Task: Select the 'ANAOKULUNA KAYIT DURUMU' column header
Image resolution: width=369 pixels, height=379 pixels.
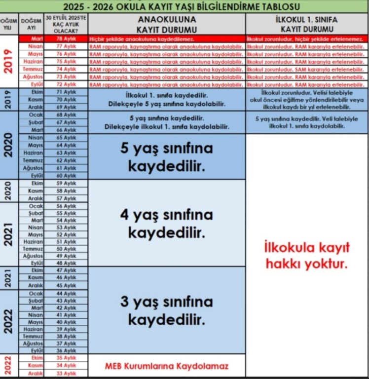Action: pyautogui.click(x=167, y=24)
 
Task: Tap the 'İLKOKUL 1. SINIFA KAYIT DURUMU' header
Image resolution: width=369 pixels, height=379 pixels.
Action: pyautogui.click(x=306, y=24)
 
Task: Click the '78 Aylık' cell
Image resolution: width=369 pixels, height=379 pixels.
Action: pyautogui.click(x=66, y=38)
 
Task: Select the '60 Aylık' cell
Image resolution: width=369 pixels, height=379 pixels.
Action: pyautogui.click(x=66, y=176)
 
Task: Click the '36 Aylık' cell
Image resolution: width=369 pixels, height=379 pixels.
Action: pyautogui.click(x=66, y=350)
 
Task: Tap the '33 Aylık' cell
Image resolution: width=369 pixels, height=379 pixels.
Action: pyautogui.click(x=66, y=374)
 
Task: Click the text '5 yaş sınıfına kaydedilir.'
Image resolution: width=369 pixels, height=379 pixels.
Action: pyautogui.click(x=167, y=157)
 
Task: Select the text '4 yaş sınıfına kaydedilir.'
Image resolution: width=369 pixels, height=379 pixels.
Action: pyautogui.click(x=167, y=223)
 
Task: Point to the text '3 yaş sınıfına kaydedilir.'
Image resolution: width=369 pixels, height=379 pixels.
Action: pyautogui.click(x=167, y=310)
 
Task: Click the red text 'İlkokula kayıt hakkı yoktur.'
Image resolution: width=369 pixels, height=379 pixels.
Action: pyautogui.click(x=306, y=255)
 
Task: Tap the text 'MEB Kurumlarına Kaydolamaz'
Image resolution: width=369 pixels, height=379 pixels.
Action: pyautogui.click(x=167, y=366)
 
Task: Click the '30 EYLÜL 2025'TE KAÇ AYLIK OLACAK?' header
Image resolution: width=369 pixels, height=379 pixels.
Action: pyautogui.click(x=66, y=24)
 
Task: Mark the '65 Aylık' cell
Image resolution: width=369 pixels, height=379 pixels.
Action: pyautogui.click(x=66, y=138)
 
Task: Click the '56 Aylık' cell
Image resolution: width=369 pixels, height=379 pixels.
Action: pyautogui.click(x=66, y=206)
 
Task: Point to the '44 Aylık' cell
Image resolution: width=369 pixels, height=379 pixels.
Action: pyautogui.click(x=66, y=294)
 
